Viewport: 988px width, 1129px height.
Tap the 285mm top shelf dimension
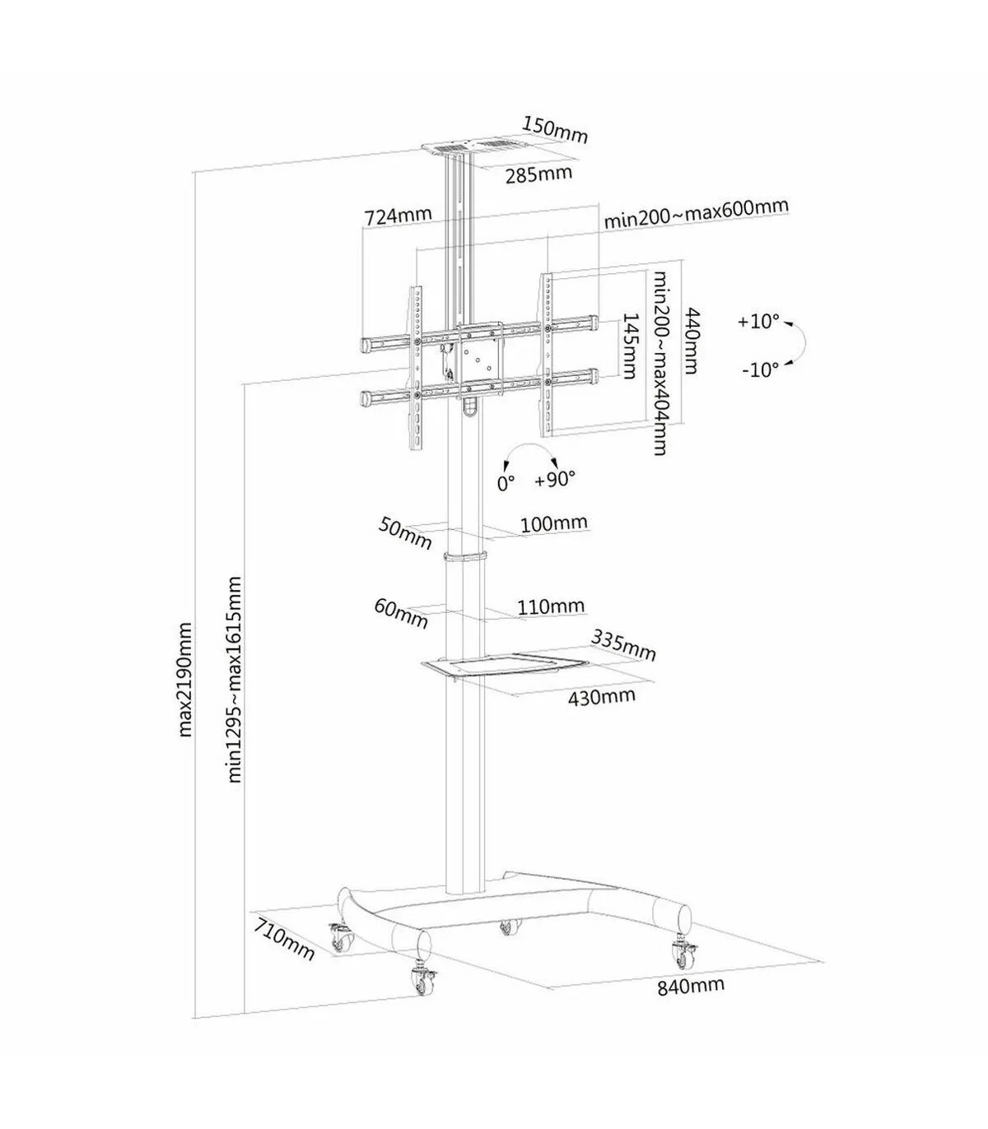point(538,174)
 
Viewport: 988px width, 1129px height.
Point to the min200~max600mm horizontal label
point(696,213)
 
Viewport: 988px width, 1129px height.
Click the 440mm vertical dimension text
point(691,341)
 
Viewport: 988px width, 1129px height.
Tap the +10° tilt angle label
point(757,321)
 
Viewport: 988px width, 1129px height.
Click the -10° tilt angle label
point(759,369)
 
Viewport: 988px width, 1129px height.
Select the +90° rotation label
point(554,478)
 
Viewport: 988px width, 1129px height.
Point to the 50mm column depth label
point(404,533)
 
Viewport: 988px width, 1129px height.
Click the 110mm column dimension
point(550,607)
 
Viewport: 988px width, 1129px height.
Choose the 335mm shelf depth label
point(623,645)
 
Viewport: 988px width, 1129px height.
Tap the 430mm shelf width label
point(602,697)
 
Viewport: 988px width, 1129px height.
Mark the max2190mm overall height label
point(185,680)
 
